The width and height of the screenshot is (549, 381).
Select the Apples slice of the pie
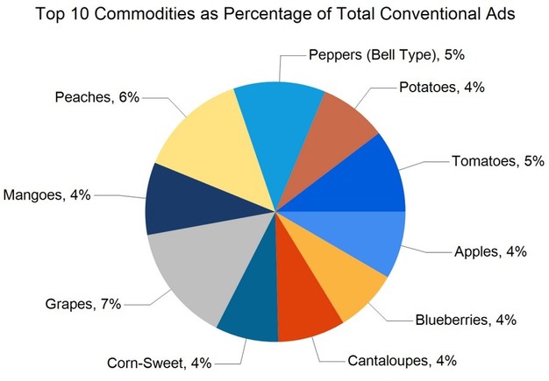tap(368, 238)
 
